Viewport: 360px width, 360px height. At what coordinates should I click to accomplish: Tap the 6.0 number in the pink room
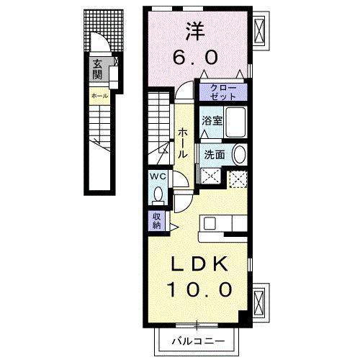coord(194,56)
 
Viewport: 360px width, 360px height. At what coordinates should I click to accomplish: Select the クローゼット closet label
coord(223,92)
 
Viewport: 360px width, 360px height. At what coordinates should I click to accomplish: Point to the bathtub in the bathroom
coord(235,120)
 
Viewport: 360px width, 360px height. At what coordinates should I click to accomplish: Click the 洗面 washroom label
coord(215,153)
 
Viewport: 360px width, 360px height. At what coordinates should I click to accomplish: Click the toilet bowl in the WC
coord(159,194)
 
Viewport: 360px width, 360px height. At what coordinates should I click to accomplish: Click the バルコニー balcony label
coord(199,340)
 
